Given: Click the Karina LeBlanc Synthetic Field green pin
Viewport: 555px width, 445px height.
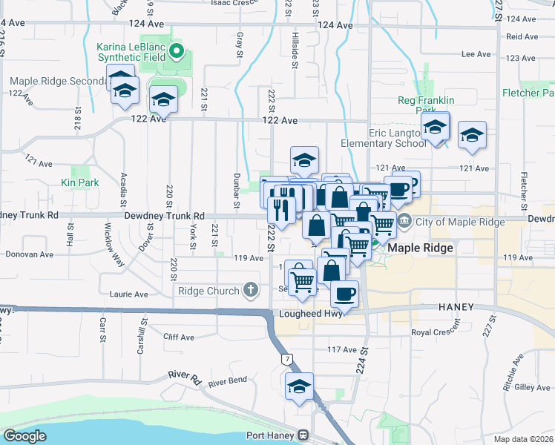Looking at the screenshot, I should tap(177, 52).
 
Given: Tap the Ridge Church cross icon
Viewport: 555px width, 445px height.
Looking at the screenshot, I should tap(251, 289).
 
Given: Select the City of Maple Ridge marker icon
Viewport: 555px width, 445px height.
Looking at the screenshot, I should tap(405, 220).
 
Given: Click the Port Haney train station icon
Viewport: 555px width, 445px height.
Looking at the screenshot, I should tap(303, 435).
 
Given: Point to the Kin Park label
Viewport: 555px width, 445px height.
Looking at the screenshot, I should tap(79, 182).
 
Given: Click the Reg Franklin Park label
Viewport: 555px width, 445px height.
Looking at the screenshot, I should tap(426, 100).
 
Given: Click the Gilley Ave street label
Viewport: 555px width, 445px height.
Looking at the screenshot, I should tap(532, 387).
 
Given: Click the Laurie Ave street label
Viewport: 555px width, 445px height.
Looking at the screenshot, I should tap(131, 294).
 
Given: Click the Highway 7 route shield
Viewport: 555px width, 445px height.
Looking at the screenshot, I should tap(286, 359).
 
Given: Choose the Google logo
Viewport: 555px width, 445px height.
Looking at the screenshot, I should tap(24, 436).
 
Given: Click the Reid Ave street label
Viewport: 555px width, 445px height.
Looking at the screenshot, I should tap(521, 36).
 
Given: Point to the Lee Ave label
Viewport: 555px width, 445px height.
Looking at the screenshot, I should tap(476, 54).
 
